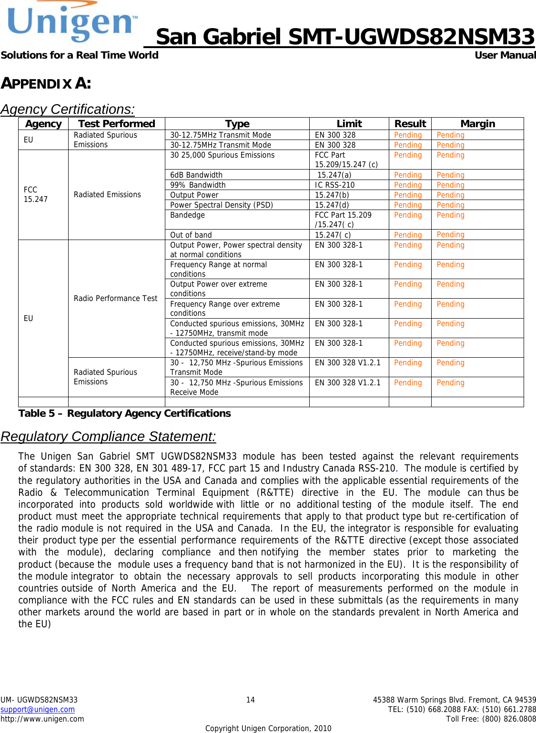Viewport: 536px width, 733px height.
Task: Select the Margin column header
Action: tap(477, 124)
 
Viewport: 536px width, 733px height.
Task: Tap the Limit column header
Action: tap(349, 124)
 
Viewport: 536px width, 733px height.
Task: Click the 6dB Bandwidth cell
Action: tap(196, 175)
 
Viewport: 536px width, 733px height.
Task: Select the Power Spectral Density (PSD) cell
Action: tap(222, 205)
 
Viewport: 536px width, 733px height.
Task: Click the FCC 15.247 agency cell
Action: tap(36, 194)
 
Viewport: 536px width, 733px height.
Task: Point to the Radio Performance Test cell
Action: tap(115, 298)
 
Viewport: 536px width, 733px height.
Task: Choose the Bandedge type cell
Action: tap(187, 215)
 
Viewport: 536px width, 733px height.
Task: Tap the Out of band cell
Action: tap(191, 235)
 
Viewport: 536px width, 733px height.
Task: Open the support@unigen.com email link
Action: tap(38, 709)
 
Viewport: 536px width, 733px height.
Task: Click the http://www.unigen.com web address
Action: tap(42, 719)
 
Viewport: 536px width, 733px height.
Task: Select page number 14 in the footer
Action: tap(250, 700)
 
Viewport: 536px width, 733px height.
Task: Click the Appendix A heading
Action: tap(46, 83)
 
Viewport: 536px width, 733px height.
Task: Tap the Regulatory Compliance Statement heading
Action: tap(108, 436)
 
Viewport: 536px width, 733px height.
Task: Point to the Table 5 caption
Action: tap(124, 413)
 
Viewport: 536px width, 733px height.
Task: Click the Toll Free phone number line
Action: tap(491, 719)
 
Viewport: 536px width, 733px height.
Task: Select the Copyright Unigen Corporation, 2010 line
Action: tap(268, 728)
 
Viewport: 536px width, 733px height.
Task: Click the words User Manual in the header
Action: tap(505, 55)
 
